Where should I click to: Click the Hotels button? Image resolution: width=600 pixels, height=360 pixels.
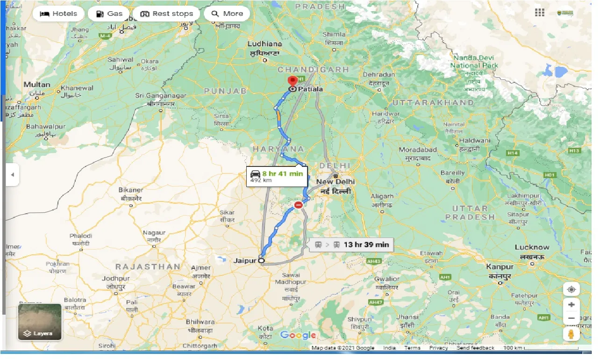(x=58, y=14)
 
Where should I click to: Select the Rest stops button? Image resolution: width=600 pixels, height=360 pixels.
(x=166, y=14)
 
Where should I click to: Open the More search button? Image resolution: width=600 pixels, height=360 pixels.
(x=227, y=14)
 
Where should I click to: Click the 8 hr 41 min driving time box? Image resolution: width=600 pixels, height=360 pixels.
(x=278, y=176)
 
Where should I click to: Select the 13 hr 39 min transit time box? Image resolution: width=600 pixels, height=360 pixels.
(x=351, y=245)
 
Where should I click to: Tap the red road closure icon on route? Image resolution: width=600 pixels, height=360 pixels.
(x=299, y=205)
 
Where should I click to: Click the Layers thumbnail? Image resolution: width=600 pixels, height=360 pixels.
(x=40, y=322)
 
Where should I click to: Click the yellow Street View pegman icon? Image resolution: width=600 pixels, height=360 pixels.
(x=571, y=334)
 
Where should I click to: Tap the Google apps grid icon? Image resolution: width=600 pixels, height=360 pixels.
(x=540, y=13)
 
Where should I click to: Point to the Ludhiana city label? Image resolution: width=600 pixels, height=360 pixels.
(x=265, y=44)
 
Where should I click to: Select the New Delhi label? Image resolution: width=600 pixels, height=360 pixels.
(x=335, y=181)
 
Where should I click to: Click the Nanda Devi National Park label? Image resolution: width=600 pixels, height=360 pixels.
(x=474, y=62)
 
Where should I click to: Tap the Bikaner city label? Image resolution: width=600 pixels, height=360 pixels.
(x=131, y=190)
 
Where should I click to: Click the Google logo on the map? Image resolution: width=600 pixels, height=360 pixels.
(x=298, y=335)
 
